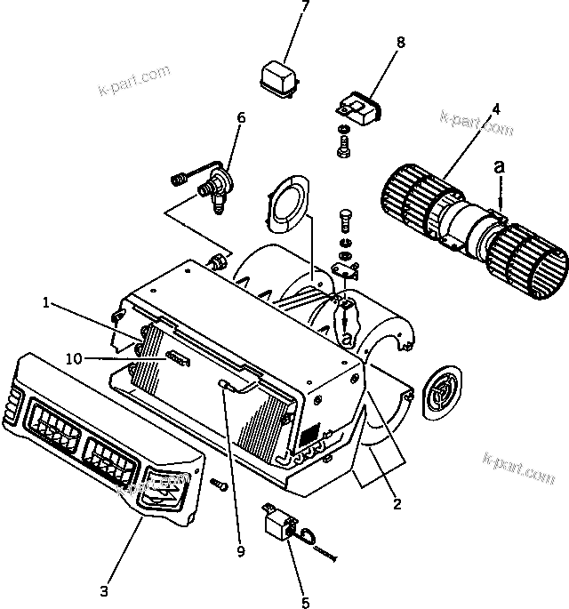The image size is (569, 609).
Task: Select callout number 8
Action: [x=400, y=41]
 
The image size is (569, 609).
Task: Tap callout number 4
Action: [x=495, y=109]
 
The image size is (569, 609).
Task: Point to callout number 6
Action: [x=241, y=116]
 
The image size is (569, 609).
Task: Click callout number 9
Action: [x=239, y=551]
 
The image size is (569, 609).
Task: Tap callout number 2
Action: [x=397, y=505]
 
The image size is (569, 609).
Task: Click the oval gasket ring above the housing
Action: [x=286, y=203]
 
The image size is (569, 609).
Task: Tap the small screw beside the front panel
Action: [x=219, y=485]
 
